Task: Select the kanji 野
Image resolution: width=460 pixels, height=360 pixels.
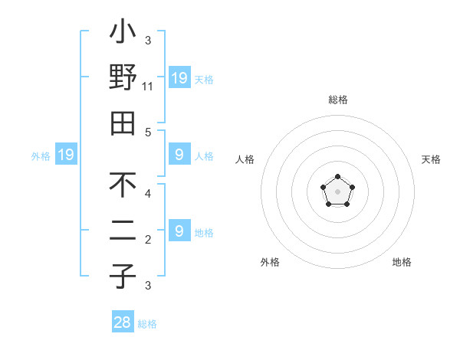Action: pos(123,79)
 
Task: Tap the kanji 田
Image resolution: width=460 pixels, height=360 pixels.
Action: pos(123,122)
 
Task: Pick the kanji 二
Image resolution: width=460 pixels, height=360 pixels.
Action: pos(123,232)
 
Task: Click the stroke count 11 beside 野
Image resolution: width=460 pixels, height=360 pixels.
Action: pos(149,87)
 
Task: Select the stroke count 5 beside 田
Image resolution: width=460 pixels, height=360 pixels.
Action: pos(148,132)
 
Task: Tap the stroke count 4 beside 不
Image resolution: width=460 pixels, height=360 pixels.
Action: pos(148,195)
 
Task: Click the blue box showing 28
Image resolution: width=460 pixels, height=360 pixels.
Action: pos(123,322)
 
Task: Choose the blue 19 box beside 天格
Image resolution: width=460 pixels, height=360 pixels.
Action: pos(179,78)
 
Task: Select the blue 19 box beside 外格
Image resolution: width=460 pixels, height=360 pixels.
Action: pos(66,155)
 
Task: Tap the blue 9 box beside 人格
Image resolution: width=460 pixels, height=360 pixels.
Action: pos(179,155)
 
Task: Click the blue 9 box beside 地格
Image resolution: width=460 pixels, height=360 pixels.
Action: pos(179,232)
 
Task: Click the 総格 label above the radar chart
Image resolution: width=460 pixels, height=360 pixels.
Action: pos(337,100)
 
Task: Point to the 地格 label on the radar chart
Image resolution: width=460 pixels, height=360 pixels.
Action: pos(402,263)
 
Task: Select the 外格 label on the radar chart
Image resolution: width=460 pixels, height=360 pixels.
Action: pos(270,263)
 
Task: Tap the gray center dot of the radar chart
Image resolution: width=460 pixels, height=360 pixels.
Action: pos(337,191)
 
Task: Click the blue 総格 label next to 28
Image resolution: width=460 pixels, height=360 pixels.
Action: pos(147,324)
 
